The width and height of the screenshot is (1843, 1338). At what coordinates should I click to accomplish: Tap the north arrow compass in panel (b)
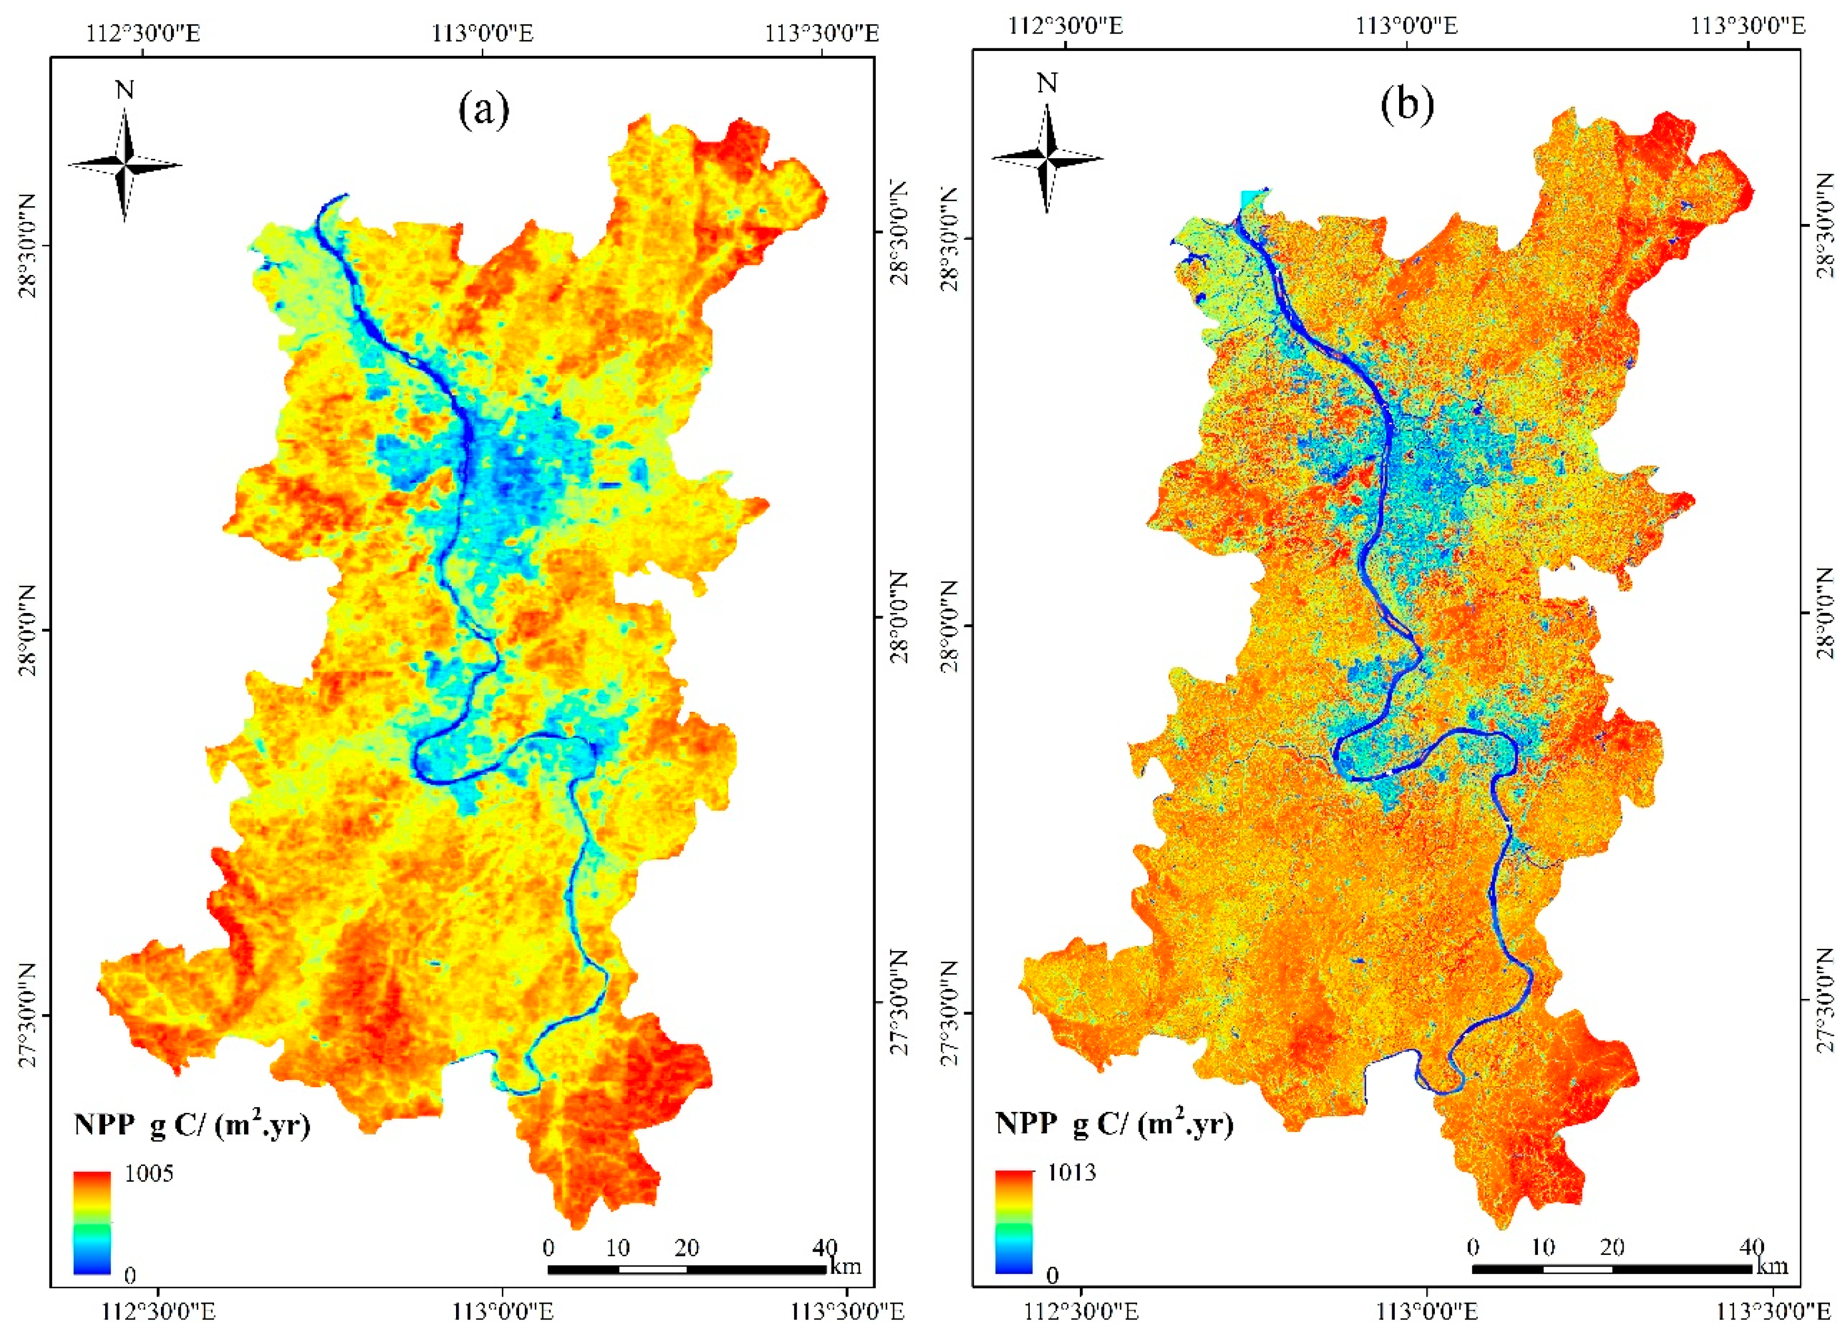click(x=1047, y=158)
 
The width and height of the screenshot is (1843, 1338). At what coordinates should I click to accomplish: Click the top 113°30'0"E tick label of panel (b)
click(x=1748, y=26)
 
